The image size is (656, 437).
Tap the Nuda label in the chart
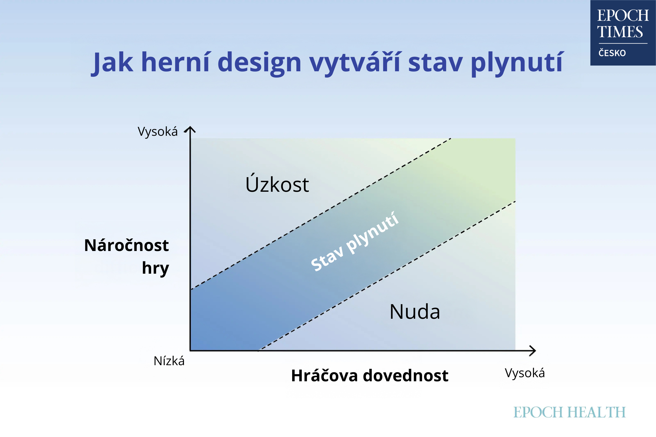[415, 312]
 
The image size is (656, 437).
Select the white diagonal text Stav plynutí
[355, 241]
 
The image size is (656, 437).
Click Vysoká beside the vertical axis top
[158, 132]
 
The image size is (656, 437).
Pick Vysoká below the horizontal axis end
[525, 373]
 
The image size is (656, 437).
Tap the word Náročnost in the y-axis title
[126, 245]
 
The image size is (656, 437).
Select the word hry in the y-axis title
[155, 268]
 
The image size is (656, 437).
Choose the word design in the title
[259, 63]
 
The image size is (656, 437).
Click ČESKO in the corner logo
[612, 52]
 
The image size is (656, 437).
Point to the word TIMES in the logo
[620, 31]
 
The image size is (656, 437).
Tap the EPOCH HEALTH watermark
[570, 412]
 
